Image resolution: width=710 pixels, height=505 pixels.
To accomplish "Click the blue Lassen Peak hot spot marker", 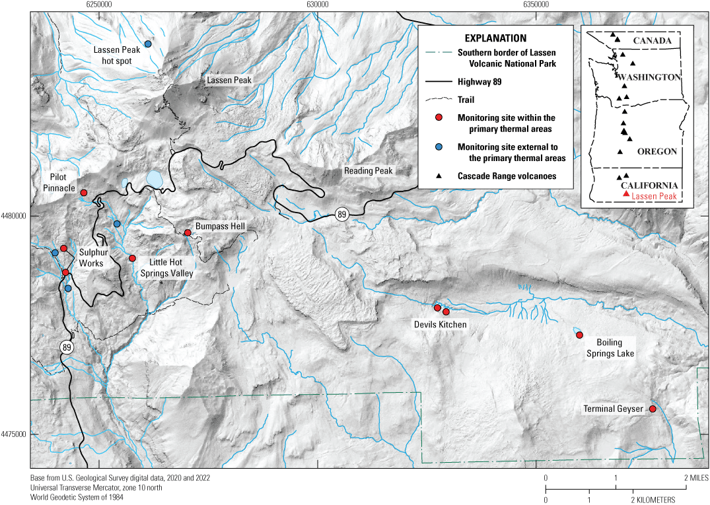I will coord(149,44).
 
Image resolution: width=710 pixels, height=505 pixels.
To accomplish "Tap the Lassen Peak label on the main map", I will coord(229,81).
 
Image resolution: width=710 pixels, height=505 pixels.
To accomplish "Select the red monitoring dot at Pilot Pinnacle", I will coord(84,193).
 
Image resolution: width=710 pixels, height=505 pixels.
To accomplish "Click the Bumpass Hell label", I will coord(220,226).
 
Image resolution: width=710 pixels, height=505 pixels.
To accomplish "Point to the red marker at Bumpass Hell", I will coord(188,232).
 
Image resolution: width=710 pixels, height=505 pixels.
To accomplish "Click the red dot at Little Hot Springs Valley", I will coord(132,258).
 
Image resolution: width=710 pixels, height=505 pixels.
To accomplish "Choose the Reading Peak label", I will coord(369,171).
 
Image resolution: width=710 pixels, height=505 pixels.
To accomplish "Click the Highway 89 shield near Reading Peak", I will coord(341,214).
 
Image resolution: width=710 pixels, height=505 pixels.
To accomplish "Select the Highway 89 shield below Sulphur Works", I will coord(67,347).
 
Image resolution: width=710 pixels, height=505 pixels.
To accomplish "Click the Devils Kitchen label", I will coord(441,324).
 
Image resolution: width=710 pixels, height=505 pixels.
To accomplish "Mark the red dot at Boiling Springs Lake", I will coord(579,335).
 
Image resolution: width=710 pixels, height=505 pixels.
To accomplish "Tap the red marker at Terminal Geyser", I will coord(653,409).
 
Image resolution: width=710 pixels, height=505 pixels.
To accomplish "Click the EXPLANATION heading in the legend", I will coord(495,38).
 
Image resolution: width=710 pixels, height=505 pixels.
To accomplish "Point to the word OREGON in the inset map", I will coord(657,152).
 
